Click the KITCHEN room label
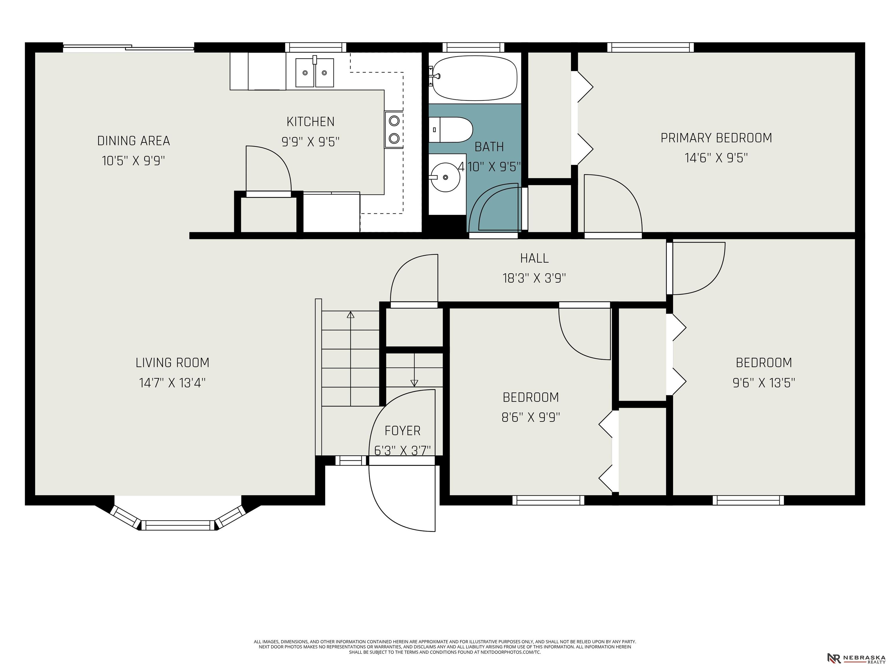point(310,121)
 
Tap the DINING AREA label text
point(134,141)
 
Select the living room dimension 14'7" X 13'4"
point(172,382)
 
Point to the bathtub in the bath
point(475,78)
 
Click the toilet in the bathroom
point(450,129)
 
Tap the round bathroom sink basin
point(445,177)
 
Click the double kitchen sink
point(315,72)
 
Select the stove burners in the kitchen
point(394,129)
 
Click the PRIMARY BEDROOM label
point(716,138)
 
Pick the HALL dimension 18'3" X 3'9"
point(534,278)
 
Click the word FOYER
point(402,430)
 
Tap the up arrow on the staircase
point(351,359)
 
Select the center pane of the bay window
point(178,525)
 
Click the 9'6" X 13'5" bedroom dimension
point(764,382)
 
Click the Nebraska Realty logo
point(856,658)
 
